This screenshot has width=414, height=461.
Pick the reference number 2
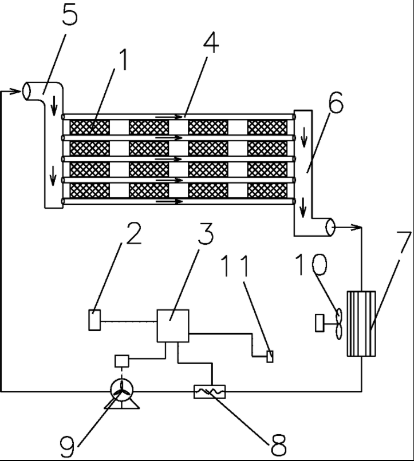tap(132, 233)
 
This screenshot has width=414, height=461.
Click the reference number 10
tap(312, 264)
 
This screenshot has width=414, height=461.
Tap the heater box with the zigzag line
tap(209, 392)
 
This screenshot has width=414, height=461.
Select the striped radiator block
tap(362, 324)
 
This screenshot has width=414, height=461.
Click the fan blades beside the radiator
tap(338, 324)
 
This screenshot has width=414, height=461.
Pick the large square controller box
tap(173, 326)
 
